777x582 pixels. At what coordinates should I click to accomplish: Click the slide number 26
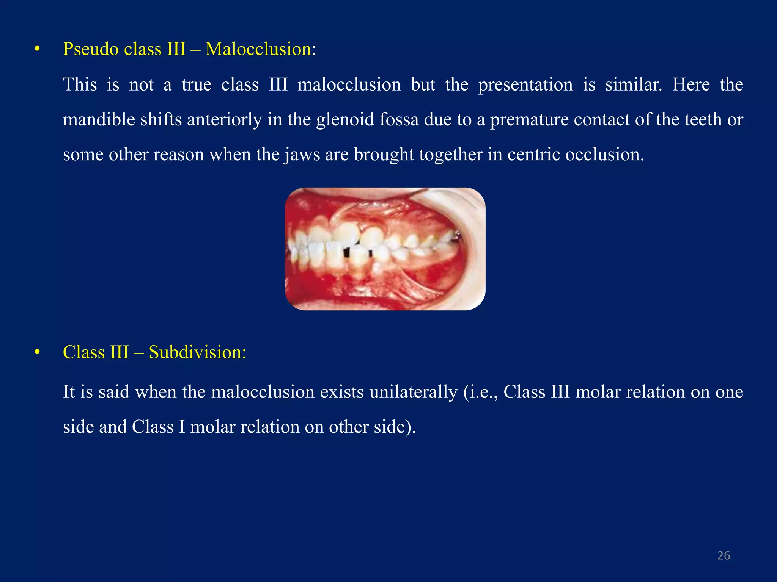tap(724, 556)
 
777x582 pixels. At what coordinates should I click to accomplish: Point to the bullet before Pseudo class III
tap(37, 49)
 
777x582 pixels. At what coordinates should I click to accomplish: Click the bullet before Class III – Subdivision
tap(37, 352)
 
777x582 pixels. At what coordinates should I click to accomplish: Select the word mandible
tap(99, 120)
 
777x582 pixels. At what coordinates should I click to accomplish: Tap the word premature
tap(528, 120)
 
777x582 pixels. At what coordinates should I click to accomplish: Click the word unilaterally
tap(413, 392)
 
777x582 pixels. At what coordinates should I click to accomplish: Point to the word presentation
tap(525, 84)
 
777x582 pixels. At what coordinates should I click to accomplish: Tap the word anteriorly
tap(224, 120)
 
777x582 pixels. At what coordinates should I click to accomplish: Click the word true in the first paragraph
tap(196, 84)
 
